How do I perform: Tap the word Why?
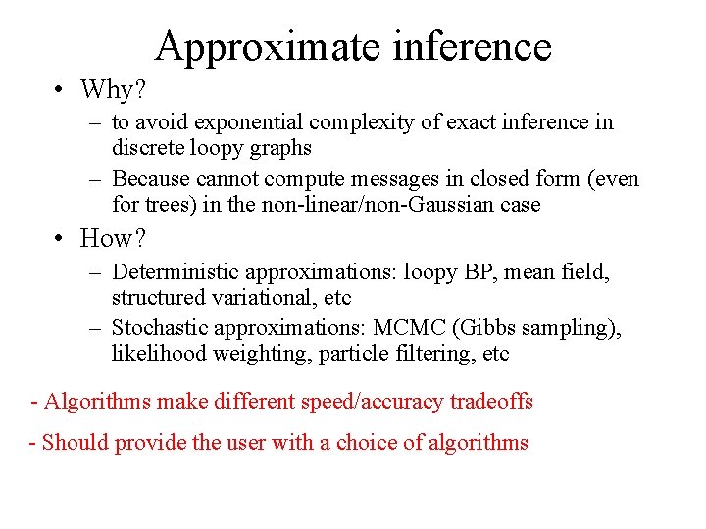pos(113,90)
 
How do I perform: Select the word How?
pos(115,238)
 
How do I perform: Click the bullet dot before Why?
pos(61,90)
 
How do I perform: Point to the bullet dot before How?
pos(61,238)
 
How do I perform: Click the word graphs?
pos(278,148)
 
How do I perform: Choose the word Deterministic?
pos(176,271)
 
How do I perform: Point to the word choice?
pos(365,443)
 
